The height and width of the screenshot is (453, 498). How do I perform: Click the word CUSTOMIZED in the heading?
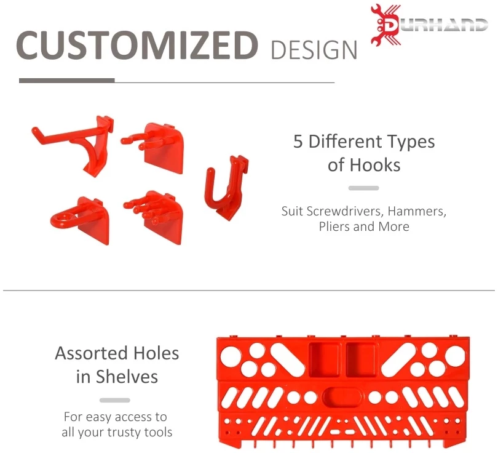[137, 44]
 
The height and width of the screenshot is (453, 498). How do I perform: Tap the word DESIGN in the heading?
[314, 50]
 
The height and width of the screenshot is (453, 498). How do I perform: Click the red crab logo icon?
[385, 25]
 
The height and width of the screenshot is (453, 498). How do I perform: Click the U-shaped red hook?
[226, 188]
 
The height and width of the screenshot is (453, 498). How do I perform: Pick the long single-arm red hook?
[73, 145]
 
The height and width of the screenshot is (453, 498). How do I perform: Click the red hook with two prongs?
[152, 148]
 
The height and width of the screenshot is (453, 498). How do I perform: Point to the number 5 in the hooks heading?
[298, 142]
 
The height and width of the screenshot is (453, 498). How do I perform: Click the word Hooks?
[375, 166]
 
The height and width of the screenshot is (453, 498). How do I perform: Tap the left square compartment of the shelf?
[324, 359]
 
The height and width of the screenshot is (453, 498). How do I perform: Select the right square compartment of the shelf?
[361, 359]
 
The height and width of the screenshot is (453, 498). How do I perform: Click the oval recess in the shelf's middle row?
[342, 398]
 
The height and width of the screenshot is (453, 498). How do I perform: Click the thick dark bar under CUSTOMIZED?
[66, 81]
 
